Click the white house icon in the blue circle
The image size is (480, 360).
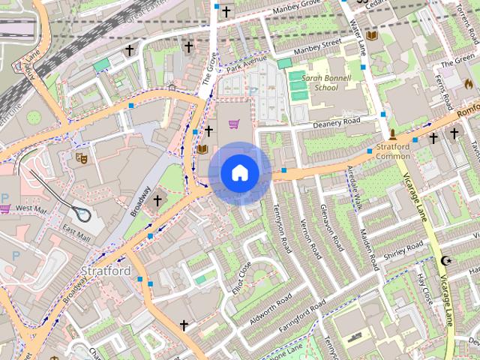coord(239,173)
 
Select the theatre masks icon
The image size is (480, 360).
coord(81,158)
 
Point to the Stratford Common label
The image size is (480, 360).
coord(393,151)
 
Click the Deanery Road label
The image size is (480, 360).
coord(336,122)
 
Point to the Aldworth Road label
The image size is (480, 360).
coord(270,306)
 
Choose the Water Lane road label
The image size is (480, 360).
coord(356,34)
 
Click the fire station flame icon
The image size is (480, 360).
coord(469,82)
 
